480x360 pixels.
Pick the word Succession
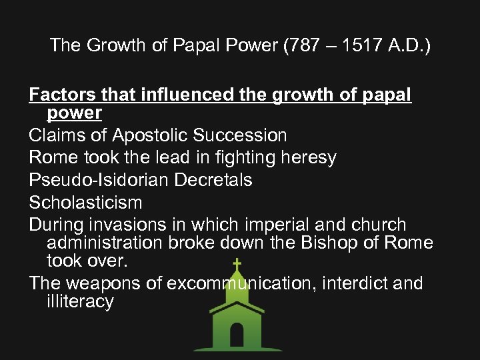pos(239,135)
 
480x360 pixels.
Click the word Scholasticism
pos(85,202)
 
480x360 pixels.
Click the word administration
pos(103,243)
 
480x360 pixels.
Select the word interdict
pos(349,283)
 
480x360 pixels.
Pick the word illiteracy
pos(80,301)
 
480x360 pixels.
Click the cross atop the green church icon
pos(237,263)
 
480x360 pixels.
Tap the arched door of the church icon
pos(237,333)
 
